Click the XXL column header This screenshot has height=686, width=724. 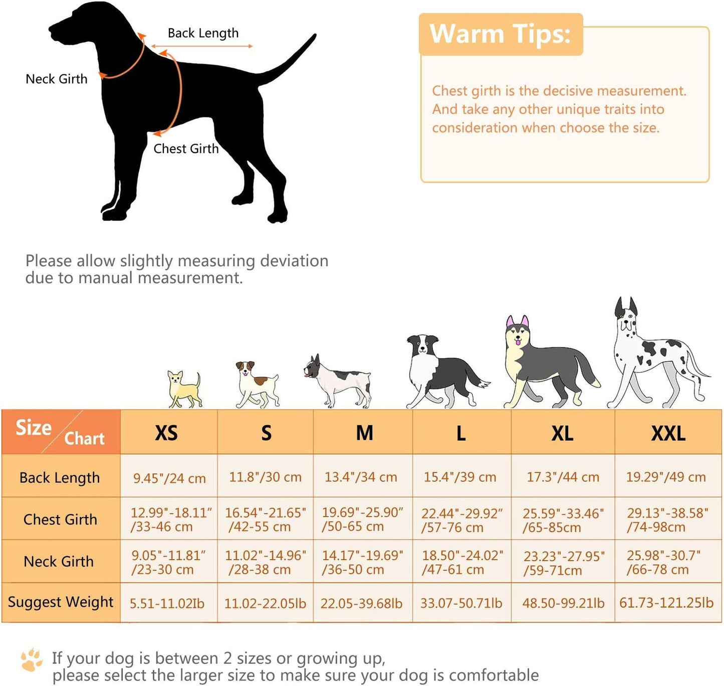[x=668, y=433]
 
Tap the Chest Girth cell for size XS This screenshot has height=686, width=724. [x=169, y=519]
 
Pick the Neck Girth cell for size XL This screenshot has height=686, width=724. [x=563, y=562]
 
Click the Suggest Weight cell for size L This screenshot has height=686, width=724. [x=461, y=603]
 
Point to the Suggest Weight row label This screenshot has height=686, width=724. [x=61, y=602]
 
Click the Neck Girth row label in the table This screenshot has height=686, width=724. [x=59, y=562]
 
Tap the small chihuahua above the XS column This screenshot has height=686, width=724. [x=184, y=389]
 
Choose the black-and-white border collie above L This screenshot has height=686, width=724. [x=447, y=372]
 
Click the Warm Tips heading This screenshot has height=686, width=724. [x=500, y=34]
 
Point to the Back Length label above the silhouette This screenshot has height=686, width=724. [x=203, y=33]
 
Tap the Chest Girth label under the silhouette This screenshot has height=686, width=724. [x=186, y=148]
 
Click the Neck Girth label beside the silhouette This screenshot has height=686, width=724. [x=56, y=79]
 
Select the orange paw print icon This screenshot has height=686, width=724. [x=32, y=660]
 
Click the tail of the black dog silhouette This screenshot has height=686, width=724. [x=287, y=61]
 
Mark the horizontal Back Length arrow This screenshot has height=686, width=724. [x=202, y=46]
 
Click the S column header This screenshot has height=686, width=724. [x=266, y=433]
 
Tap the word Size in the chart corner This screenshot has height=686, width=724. [x=34, y=428]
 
